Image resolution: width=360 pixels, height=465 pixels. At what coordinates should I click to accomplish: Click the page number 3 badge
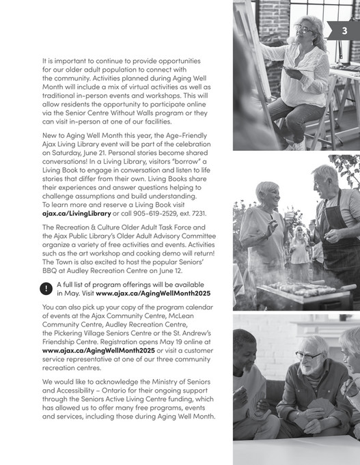click(344, 30)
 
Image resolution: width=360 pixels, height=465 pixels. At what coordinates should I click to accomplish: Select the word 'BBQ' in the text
click(53, 270)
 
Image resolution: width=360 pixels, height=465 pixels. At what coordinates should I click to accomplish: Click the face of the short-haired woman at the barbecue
click(268, 194)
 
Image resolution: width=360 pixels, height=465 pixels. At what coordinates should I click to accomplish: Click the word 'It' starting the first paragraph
click(45, 60)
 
